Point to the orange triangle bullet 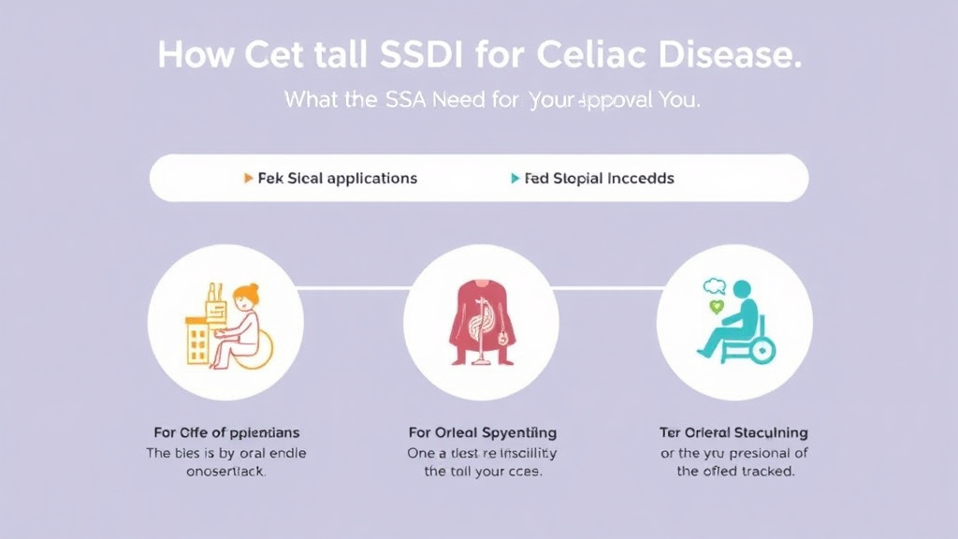[248, 178]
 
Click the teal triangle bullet [515, 178]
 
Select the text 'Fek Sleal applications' [337, 178]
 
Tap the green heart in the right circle [717, 306]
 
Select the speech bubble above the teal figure [715, 286]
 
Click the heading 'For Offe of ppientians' [225, 432]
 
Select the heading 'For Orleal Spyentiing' [483, 432]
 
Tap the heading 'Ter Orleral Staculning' [734, 432]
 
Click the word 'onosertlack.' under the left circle [225, 472]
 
